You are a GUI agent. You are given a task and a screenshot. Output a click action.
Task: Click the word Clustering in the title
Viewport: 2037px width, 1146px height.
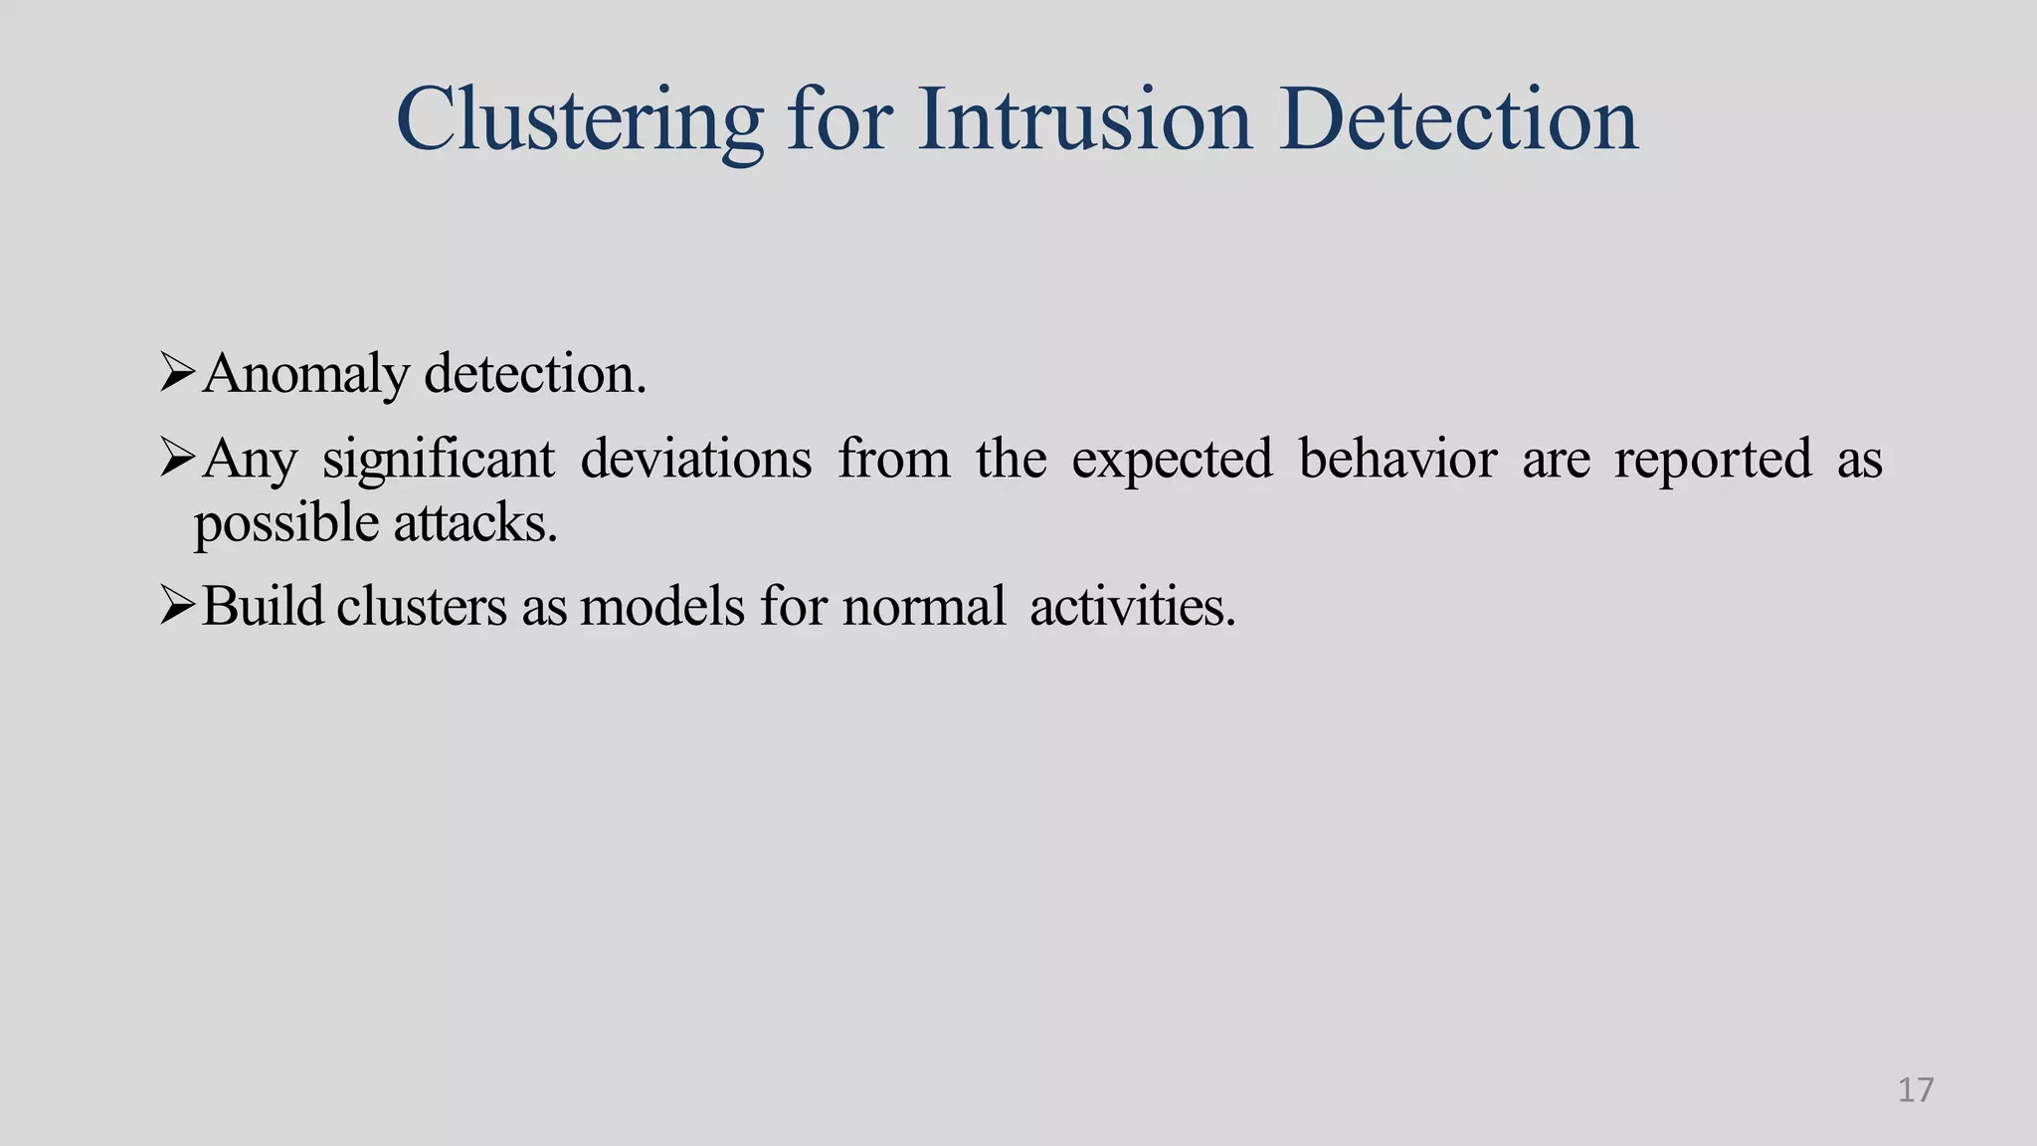(x=579, y=121)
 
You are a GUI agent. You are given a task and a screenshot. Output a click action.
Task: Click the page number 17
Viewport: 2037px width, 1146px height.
(x=1915, y=1090)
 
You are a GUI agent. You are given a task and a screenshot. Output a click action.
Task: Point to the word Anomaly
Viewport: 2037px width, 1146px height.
(x=305, y=376)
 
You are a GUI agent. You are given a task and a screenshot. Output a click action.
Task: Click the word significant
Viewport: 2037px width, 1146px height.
(x=439, y=461)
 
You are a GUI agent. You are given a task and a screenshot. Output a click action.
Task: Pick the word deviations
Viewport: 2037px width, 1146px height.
(x=695, y=459)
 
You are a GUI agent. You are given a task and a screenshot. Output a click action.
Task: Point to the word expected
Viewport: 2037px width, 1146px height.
(x=1172, y=461)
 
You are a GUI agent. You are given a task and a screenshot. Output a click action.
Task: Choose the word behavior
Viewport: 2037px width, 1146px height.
(x=1397, y=459)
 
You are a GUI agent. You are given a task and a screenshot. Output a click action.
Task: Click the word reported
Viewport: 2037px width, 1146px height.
(x=1712, y=461)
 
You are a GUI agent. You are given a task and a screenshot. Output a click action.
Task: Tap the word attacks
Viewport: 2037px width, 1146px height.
(x=474, y=522)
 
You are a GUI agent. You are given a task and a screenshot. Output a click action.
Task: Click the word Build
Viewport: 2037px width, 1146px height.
(x=263, y=605)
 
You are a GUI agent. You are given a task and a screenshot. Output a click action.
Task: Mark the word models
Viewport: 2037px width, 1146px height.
(x=661, y=605)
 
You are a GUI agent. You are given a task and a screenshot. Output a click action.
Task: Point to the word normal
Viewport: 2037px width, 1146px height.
(x=924, y=605)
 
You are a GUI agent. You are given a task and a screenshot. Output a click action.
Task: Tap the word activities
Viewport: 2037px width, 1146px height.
(x=1132, y=605)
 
